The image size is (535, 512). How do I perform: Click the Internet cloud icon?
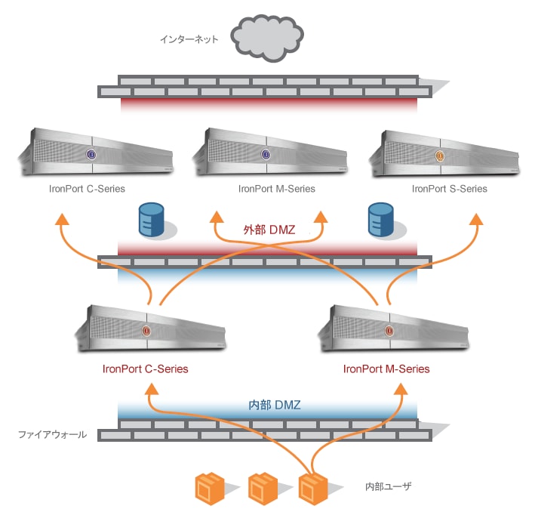tap(268, 35)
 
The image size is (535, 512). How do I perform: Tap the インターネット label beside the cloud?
tap(189, 39)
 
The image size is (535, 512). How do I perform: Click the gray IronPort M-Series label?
tap(276, 189)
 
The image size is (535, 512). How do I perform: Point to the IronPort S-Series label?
tap(450, 189)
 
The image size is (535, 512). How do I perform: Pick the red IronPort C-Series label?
tap(145, 369)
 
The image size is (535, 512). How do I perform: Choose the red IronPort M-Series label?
tap(386, 369)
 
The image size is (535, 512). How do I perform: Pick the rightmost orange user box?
tap(313, 488)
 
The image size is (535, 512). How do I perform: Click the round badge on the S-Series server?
tap(440, 156)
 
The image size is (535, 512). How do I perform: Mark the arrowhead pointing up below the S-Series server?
tap(476, 219)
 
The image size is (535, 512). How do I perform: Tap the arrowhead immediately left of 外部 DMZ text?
tap(216, 218)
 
